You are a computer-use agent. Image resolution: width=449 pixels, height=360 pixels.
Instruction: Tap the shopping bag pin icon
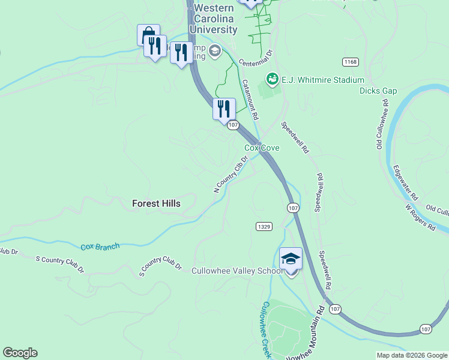tap(148, 35)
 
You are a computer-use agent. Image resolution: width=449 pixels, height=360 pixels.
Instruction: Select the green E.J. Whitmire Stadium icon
tap(272, 79)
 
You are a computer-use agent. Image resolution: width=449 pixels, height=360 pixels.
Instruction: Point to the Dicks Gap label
tap(378, 91)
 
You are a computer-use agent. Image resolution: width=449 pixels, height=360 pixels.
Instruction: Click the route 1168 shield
tap(351, 62)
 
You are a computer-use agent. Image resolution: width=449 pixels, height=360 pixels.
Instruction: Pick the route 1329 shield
tap(264, 226)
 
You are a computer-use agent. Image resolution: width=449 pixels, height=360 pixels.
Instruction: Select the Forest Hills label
tap(156, 203)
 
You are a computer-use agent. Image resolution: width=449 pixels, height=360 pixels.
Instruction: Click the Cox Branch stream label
tap(100, 246)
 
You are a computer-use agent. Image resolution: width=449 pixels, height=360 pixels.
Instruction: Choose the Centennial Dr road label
tap(256, 58)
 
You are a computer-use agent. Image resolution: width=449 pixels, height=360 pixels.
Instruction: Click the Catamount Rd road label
tap(250, 100)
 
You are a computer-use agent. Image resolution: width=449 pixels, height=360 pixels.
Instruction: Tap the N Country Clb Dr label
tap(231, 175)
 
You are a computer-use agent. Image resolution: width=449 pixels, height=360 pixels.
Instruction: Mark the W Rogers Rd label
tap(420, 217)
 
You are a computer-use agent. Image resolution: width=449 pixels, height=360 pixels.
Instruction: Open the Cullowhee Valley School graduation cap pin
tap(291, 259)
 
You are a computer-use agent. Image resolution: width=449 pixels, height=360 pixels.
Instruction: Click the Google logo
tap(20, 353)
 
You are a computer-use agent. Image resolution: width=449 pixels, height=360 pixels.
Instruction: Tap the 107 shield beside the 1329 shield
tap(292, 208)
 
